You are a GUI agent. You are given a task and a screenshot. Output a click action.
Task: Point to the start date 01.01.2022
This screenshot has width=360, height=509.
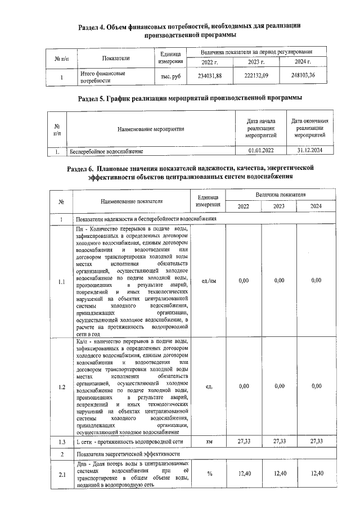click(261, 151)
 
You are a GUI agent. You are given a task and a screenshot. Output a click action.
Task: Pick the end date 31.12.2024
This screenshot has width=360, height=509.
click(311, 151)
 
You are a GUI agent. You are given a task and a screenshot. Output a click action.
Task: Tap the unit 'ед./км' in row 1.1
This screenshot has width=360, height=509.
click(208, 280)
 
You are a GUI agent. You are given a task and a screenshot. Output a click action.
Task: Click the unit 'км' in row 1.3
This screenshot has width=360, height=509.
click(209, 442)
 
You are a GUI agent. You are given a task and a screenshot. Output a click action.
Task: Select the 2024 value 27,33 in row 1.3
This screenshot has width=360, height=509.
click(316, 442)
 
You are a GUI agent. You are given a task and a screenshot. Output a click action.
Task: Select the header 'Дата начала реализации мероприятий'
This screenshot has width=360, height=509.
click(261, 129)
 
